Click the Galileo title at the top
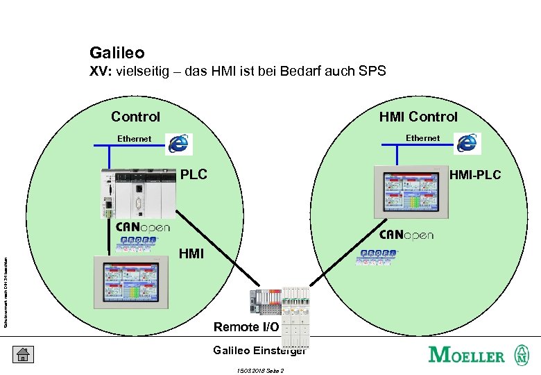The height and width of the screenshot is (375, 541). [117, 52]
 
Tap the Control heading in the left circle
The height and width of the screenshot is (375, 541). [135, 117]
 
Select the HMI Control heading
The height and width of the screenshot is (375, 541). [418, 117]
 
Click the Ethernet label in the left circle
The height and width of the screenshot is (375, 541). [134, 139]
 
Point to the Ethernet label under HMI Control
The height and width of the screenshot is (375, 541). [422, 138]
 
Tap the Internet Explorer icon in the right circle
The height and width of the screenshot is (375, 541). [469, 142]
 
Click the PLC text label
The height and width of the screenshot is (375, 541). [194, 174]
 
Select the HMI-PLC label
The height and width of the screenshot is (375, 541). [475, 175]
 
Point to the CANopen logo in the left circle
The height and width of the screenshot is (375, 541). [143, 227]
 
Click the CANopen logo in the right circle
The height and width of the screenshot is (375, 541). [406, 235]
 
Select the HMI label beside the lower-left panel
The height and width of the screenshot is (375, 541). [191, 254]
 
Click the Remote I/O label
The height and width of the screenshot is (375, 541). [246, 326]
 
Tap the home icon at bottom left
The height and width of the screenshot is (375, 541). [22, 354]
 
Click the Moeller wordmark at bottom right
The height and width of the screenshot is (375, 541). [467, 355]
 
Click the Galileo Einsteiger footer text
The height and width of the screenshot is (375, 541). [259, 350]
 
